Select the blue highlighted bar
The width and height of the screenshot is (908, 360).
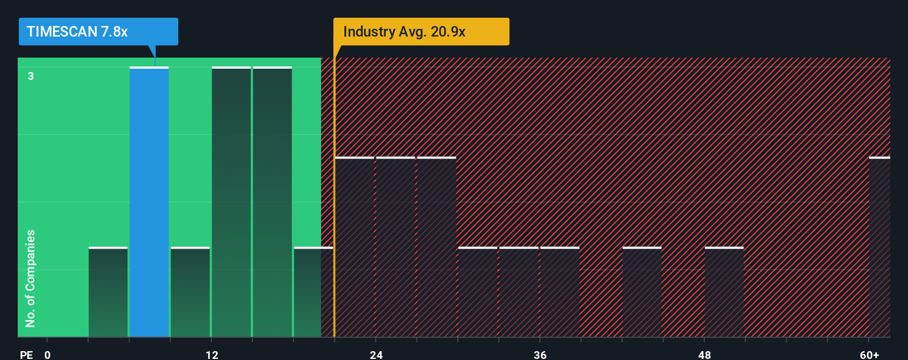click(x=149, y=202)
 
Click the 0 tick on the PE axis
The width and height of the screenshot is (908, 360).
click(x=48, y=354)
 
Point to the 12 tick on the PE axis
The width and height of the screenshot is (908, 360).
click(x=211, y=354)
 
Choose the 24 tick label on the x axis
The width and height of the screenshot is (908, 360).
click(x=376, y=354)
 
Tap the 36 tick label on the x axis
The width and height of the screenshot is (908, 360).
click(x=540, y=354)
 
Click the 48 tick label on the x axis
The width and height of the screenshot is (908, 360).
click(x=704, y=354)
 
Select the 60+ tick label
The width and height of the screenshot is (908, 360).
click(x=869, y=354)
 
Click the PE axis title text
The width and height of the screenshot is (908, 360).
click(x=26, y=354)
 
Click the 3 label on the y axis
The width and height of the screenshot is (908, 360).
click(x=31, y=76)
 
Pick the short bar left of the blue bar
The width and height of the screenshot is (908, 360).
click(x=108, y=292)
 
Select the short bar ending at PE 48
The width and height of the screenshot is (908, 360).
click(x=724, y=292)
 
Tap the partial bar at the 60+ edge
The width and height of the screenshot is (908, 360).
click(x=879, y=247)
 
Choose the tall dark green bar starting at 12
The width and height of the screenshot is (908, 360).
click(x=231, y=202)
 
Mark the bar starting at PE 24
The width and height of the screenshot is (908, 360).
click(x=395, y=247)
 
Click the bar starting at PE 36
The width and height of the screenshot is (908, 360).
click(x=560, y=292)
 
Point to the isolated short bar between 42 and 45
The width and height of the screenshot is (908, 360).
click(x=642, y=292)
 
